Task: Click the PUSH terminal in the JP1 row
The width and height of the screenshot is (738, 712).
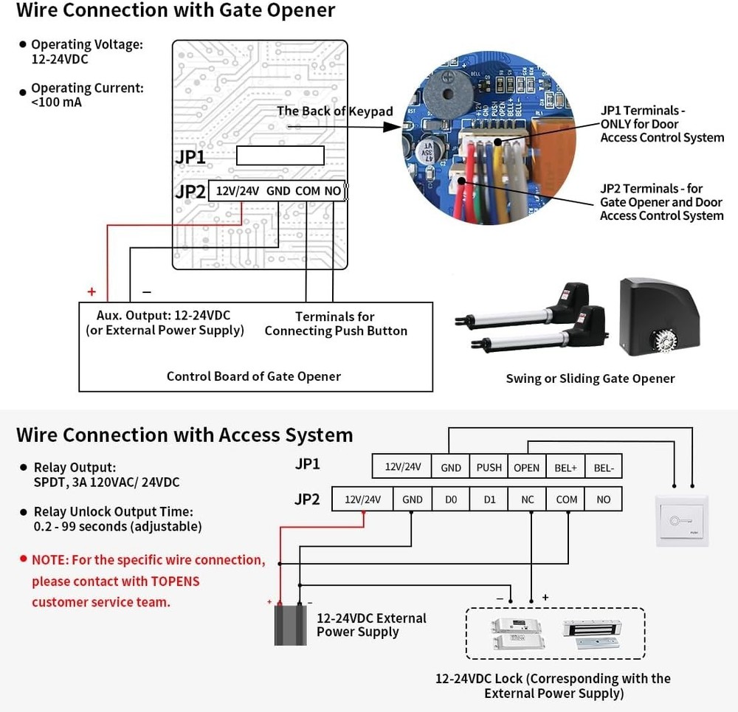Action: pyautogui.click(x=489, y=467)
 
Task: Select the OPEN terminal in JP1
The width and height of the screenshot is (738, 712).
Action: pyautogui.click(x=527, y=467)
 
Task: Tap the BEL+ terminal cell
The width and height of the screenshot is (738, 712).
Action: pyautogui.click(x=565, y=467)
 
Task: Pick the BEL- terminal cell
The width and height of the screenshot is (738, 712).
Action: pyautogui.click(x=604, y=467)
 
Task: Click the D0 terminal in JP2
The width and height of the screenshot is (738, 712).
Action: pyautogui.click(x=451, y=500)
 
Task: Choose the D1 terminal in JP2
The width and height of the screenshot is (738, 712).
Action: pyautogui.click(x=489, y=500)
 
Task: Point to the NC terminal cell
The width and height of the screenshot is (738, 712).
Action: pyautogui.click(x=528, y=500)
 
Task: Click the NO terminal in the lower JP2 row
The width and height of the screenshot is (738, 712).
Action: pyautogui.click(x=604, y=500)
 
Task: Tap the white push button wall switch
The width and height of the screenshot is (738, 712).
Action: pyautogui.click(x=682, y=520)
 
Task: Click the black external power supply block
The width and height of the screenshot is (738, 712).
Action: pyautogui.click(x=290, y=624)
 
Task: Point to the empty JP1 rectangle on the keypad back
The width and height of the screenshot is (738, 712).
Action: pyautogui.click(x=280, y=156)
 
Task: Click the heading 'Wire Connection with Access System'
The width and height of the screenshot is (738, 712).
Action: pyautogui.click(x=184, y=435)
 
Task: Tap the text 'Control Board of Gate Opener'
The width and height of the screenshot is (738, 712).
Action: pyautogui.click(x=253, y=376)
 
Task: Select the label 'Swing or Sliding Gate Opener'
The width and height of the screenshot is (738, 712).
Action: pyautogui.click(x=590, y=379)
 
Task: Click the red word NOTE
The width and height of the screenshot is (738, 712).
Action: pyautogui.click(x=49, y=559)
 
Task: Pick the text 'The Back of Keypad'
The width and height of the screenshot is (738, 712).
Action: pyautogui.click(x=334, y=111)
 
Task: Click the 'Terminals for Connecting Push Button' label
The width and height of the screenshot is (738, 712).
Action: pyautogui.click(x=336, y=324)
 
